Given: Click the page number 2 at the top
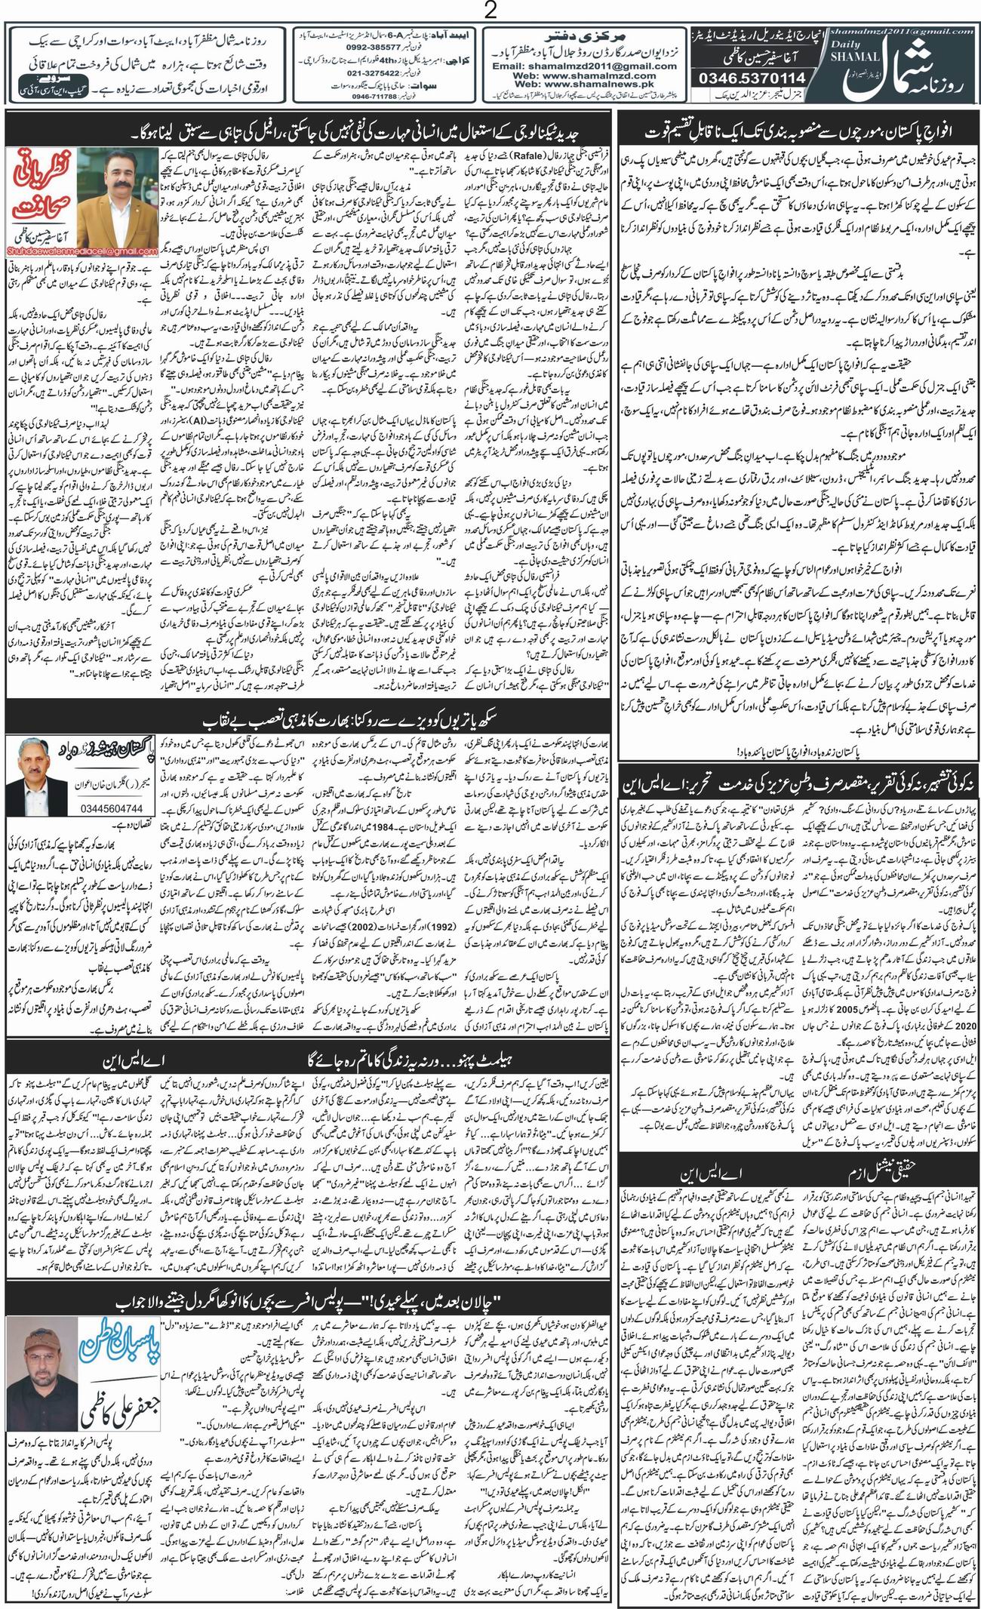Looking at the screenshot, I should coord(490,11).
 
